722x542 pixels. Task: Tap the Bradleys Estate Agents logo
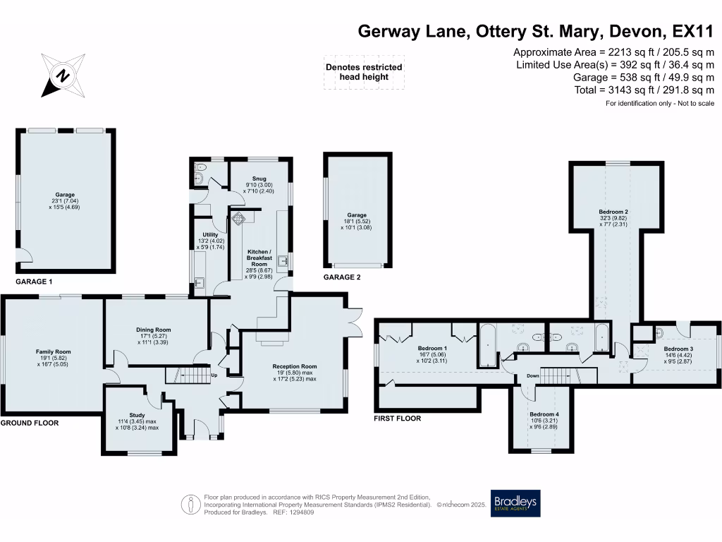[515, 504]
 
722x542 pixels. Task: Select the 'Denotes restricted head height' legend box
[363, 72]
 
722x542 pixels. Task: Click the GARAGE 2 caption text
[342, 277]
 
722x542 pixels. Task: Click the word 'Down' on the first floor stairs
[533, 376]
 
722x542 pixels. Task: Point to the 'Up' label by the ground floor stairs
[214, 375]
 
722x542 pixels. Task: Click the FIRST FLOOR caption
[397, 418]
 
